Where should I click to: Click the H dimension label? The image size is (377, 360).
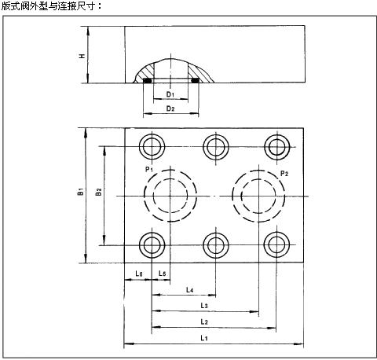[82, 56]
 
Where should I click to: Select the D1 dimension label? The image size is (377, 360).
[170, 94]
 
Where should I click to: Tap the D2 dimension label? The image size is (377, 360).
[170, 108]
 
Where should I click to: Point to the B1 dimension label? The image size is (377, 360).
[81, 191]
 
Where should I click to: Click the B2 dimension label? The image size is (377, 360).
[98, 192]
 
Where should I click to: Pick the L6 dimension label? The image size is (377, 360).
[139, 274]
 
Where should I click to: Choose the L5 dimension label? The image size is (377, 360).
[163, 274]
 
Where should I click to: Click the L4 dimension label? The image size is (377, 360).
[190, 290]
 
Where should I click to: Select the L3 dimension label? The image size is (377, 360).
[204, 306]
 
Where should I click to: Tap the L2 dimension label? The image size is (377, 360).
[204, 321]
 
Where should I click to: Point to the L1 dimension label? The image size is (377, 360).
[204, 338]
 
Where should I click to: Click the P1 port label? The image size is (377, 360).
[149, 169]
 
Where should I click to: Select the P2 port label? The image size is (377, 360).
[284, 173]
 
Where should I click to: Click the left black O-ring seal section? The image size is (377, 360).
[148, 81]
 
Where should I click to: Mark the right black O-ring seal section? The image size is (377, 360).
[195, 81]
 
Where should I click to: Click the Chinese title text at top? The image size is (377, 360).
[51, 6]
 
